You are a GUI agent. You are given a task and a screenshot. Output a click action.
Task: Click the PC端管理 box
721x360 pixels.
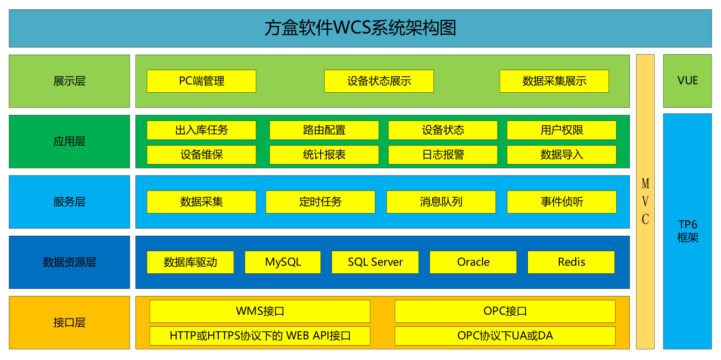202,81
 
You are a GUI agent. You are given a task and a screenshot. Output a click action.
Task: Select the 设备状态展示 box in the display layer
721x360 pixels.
379,81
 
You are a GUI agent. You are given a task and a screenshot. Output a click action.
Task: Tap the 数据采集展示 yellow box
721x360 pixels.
554,81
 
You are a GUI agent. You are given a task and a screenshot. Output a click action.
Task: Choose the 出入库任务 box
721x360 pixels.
202,130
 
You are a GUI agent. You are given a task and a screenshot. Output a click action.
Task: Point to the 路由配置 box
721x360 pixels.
324,130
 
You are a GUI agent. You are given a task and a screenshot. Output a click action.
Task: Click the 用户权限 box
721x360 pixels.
561,130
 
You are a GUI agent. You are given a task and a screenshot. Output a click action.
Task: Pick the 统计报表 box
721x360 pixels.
324,155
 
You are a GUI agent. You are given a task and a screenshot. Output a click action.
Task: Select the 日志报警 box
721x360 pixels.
443,155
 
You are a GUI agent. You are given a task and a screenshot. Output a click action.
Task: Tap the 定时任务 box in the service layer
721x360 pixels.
320,202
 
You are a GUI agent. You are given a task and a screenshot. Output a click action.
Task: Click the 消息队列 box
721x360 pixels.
441,202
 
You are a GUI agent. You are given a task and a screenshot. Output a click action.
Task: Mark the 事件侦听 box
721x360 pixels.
561,202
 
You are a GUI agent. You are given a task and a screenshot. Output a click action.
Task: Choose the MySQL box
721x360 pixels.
283,262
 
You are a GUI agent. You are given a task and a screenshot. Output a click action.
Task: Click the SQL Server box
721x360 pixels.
375,262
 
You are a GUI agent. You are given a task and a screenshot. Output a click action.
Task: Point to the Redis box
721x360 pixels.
571,262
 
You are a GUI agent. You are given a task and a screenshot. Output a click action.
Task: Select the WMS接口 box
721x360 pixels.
260,311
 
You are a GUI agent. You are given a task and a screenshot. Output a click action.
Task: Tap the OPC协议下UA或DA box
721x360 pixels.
505,336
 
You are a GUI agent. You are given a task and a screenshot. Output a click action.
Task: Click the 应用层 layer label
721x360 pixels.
70,141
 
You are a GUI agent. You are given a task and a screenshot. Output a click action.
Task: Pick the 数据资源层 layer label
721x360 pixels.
70,262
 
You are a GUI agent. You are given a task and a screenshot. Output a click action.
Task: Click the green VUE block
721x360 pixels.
687,81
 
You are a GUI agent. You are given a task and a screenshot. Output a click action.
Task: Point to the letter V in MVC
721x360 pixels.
645,202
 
